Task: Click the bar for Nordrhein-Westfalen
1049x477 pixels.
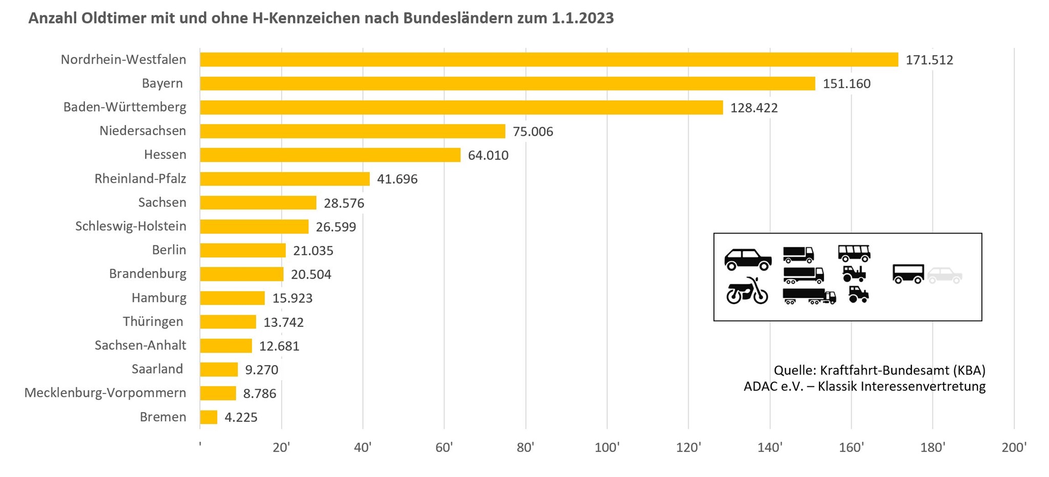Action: (548, 59)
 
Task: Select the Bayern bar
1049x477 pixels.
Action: (507, 84)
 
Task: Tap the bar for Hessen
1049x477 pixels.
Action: (330, 155)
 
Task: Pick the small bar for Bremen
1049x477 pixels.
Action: (208, 417)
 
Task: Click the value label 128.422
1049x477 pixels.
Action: (754, 108)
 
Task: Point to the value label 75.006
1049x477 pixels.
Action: (533, 132)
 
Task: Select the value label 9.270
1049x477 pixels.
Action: (261, 369)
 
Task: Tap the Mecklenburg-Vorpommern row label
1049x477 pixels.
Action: (105, 393)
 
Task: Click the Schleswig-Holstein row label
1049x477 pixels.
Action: (131, 226)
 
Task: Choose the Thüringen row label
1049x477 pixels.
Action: (153, 322)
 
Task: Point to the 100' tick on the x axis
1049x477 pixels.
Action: (607, 448)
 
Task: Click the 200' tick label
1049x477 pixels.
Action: (1014, 448)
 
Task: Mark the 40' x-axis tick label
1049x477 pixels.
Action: (363, 448)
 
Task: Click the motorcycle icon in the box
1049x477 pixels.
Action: (747, 292)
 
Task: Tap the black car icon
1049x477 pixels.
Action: (748, 259)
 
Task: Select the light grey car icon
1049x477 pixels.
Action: (945, 275)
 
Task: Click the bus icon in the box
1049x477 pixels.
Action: (854, 253)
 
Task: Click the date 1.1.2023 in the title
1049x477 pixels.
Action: (582, 18)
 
